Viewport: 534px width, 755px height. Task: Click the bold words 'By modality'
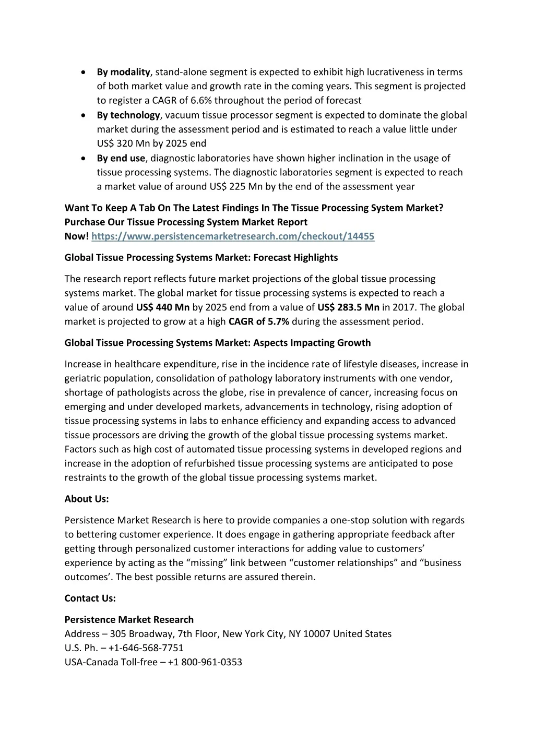point(123,72)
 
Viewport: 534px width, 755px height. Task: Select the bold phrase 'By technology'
point(128,115)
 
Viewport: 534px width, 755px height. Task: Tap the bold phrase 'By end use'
point(121,158)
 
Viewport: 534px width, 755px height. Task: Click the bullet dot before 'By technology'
point(84,115)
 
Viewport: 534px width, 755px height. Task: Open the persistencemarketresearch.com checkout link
point(233,236)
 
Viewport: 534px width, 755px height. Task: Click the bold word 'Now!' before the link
point(77,236)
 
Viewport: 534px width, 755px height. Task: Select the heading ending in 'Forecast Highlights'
point(201,258)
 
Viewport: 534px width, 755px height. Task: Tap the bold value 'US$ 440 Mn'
point(162,307)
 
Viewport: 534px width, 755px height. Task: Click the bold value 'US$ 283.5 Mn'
point(348,307)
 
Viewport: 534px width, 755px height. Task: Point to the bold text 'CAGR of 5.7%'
point(259,321)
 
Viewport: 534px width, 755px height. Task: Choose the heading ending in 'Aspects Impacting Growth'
point(218,343)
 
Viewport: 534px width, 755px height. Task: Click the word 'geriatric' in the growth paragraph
point(82,378)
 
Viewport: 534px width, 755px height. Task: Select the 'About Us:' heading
point(87,499)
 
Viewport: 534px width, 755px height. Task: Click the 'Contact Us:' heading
point(90,598)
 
